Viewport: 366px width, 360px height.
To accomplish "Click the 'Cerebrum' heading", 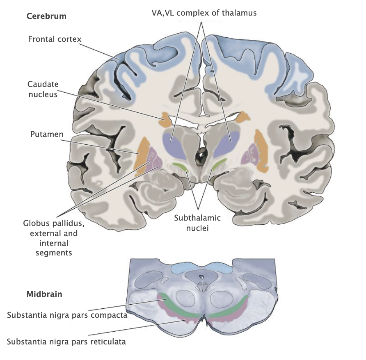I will click(x=46, y=16).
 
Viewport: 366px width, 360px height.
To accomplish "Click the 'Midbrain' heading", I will click(x=44, y=294).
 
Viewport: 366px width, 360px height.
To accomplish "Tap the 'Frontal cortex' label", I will click(x=55, y=39).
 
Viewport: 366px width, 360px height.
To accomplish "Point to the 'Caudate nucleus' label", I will click(x=43, y=89).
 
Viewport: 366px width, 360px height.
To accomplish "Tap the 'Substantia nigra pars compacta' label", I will click(x=67, y=316).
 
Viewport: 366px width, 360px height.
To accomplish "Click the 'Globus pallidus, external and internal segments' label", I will click(x=50, y=238).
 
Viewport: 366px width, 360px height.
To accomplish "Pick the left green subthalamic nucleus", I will click(x=180, y=166).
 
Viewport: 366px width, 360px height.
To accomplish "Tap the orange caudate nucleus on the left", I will click(x=167, y=120).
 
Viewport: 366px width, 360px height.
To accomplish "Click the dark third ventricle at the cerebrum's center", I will click(x=201, y=155).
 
